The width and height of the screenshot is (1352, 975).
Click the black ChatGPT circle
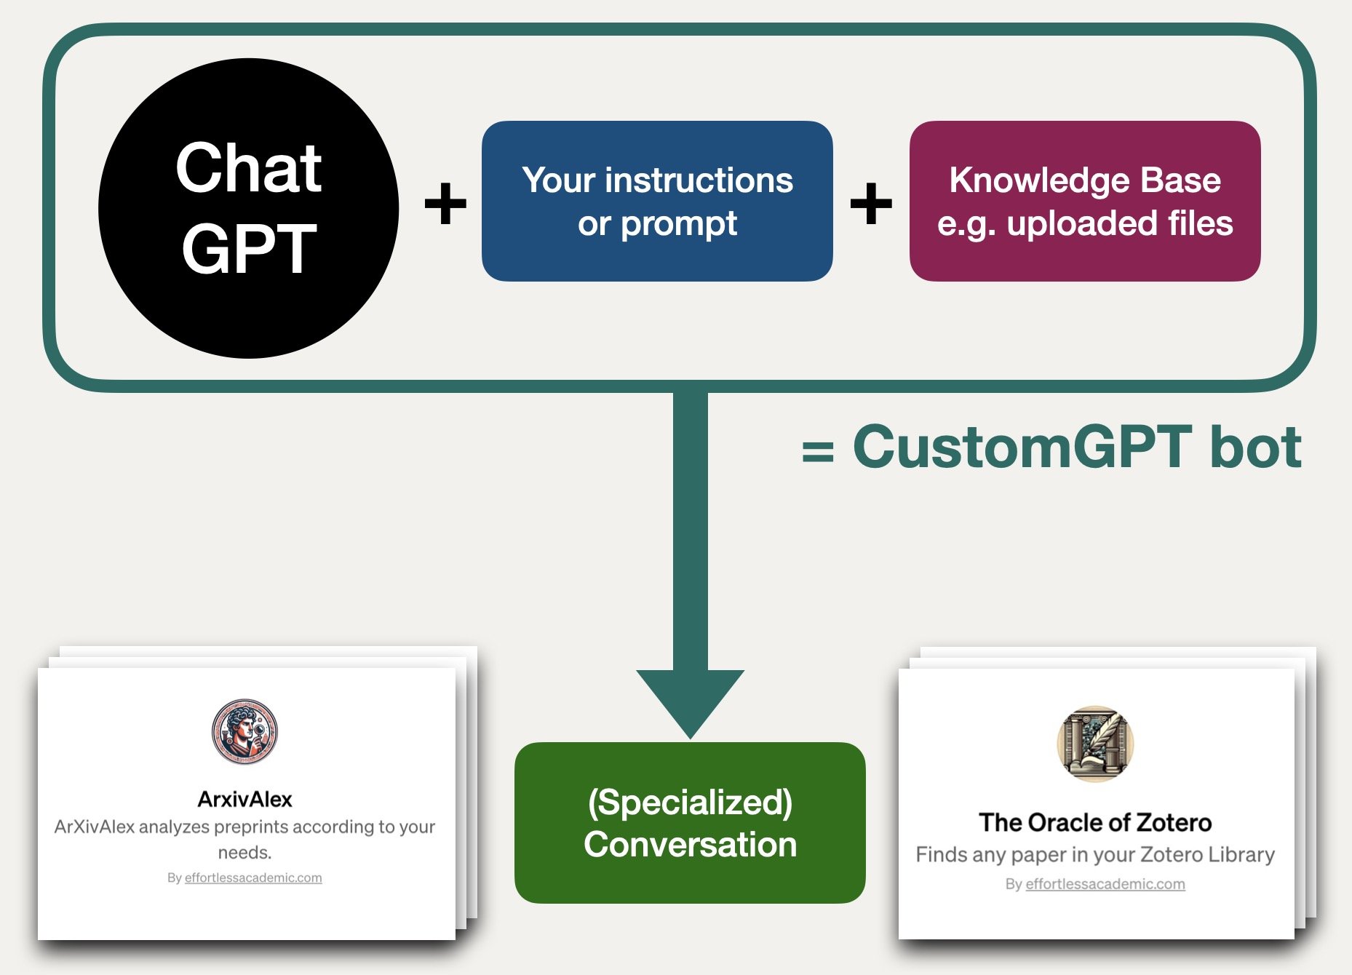(248, 208)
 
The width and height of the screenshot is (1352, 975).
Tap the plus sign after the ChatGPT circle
(445, 203)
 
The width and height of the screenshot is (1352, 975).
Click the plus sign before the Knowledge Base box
(870, 203)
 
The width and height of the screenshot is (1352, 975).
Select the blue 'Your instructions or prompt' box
(656, 202)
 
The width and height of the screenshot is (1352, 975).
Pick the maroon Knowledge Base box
(1084, 202)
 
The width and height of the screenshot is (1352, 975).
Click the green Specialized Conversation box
(689, 823)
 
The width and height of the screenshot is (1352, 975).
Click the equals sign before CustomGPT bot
(817, 451)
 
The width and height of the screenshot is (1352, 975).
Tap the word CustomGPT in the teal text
(1022, 447)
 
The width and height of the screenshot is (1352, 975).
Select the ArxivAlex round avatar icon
(244, 731)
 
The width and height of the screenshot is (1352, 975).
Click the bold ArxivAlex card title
(244, 799)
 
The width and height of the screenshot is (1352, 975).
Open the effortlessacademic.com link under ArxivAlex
(252, 877)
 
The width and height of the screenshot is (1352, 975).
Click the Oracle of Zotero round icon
(1095, 743)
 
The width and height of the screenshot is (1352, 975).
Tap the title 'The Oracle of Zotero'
(1095, 822)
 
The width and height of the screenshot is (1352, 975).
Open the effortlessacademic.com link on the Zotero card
(1105, 884)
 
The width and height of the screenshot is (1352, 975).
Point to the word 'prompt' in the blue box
(678, 223)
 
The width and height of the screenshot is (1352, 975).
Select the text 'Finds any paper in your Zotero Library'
(1095, 854)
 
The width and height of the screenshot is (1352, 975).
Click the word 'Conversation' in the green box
(690, 845)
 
